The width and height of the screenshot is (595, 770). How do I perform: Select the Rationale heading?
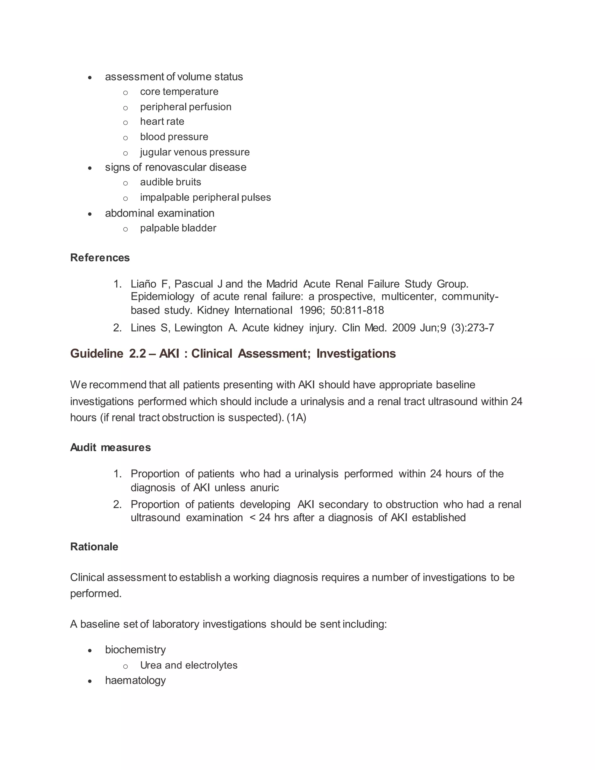(x=94, y=547)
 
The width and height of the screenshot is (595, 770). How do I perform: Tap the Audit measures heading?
(x=110, y=447)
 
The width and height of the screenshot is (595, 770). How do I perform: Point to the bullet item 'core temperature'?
(x=179, y=92)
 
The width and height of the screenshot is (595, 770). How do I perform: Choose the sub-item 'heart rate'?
(x=162, y=122)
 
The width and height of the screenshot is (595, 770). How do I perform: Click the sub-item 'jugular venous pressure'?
(x=195, y=152)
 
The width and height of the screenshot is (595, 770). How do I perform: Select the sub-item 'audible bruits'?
(x=171, y=182)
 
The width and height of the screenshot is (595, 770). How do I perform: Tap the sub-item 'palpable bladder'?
(x=178, y=228)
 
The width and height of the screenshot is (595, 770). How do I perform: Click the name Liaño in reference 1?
(x=144, y=284)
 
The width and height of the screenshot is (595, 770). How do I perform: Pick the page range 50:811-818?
(x=357, y=310)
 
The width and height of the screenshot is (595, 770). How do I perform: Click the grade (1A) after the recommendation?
(x=296, y=418)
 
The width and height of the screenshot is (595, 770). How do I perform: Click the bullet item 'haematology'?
(x=135, y=680)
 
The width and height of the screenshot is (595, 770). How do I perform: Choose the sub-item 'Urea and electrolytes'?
(x=189, y=665)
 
